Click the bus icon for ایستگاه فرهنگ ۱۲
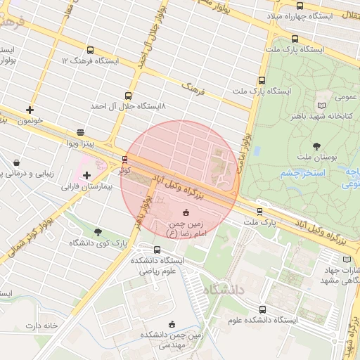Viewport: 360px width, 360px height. [90, 50]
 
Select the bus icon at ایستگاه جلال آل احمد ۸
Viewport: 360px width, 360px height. [128, 95]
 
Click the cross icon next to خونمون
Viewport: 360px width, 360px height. [30, 110]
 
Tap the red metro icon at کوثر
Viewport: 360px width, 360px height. [124, 159]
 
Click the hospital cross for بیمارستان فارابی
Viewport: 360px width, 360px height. [86, 174]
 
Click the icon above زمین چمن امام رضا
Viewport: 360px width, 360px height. [186, 212]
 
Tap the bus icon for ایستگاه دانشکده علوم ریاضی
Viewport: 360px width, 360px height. [157, 250]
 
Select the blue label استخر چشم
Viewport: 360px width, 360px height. [300, 172]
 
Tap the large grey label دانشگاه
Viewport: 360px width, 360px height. [223, 290]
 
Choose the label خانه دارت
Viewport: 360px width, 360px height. [41, 326]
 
